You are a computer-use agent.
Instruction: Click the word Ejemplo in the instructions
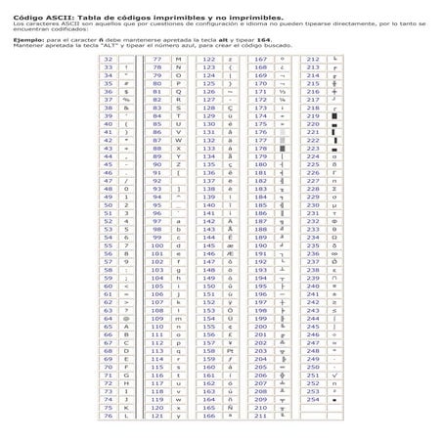pos(15,39)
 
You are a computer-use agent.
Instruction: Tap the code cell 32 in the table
pos(109,60)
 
